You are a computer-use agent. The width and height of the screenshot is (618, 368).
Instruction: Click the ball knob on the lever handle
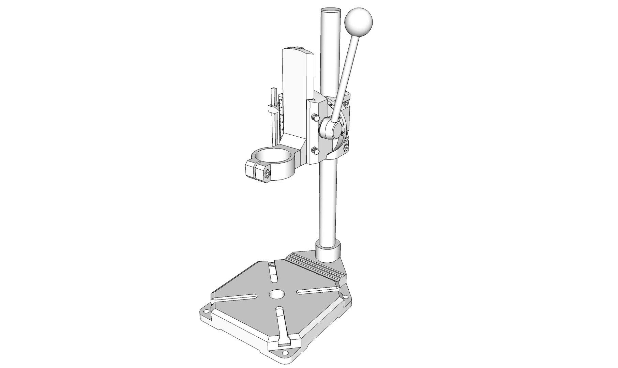click(x=358, y=20)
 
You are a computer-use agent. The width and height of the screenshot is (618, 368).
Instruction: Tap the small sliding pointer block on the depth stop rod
click(x=273, y=109)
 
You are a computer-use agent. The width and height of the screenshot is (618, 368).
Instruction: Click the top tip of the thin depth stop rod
click(x=273, y=89)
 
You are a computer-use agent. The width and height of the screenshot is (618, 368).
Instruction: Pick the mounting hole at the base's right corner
click(x=346, y=297)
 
